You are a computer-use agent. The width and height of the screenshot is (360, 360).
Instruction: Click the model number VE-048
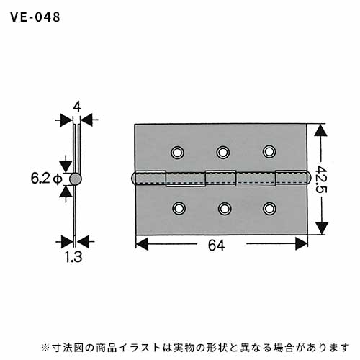pos(35,17)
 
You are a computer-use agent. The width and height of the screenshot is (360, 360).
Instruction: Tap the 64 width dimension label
pos(216,246)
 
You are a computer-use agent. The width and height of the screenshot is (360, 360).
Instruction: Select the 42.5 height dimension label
pos(321,179)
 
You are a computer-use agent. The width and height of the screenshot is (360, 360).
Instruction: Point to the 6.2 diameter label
pos(46,179)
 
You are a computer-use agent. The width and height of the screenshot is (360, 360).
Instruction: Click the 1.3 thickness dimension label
pos(73,257)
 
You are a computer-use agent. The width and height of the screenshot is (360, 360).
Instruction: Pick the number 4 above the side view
pos(76,107)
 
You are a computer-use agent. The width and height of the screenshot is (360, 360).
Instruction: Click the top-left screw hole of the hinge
pos(178,153)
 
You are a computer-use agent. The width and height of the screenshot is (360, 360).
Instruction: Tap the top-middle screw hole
pos(223,152)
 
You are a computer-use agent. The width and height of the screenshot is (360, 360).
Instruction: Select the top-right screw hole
pos(269,152)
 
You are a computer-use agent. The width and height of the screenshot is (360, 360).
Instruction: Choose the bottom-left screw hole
pos(179,208)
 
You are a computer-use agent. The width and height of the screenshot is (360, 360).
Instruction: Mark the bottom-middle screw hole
pos(225,209)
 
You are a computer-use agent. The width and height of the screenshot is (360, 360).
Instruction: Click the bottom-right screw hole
pos(269,208)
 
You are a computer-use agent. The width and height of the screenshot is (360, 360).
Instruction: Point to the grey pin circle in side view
pos(76,179)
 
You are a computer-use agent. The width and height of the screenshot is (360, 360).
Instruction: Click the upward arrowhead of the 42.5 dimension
pos(321,130)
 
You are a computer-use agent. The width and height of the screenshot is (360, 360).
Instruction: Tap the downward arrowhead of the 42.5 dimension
pos(321,228)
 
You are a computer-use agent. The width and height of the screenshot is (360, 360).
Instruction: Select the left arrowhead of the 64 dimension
pos(142,244)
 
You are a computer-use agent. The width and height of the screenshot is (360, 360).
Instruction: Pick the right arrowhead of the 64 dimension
pos(301,243)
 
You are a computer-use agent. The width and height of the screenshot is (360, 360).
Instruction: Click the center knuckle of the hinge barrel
pos(220,178)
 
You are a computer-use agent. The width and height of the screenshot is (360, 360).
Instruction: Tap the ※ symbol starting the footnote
pos(45,347)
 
